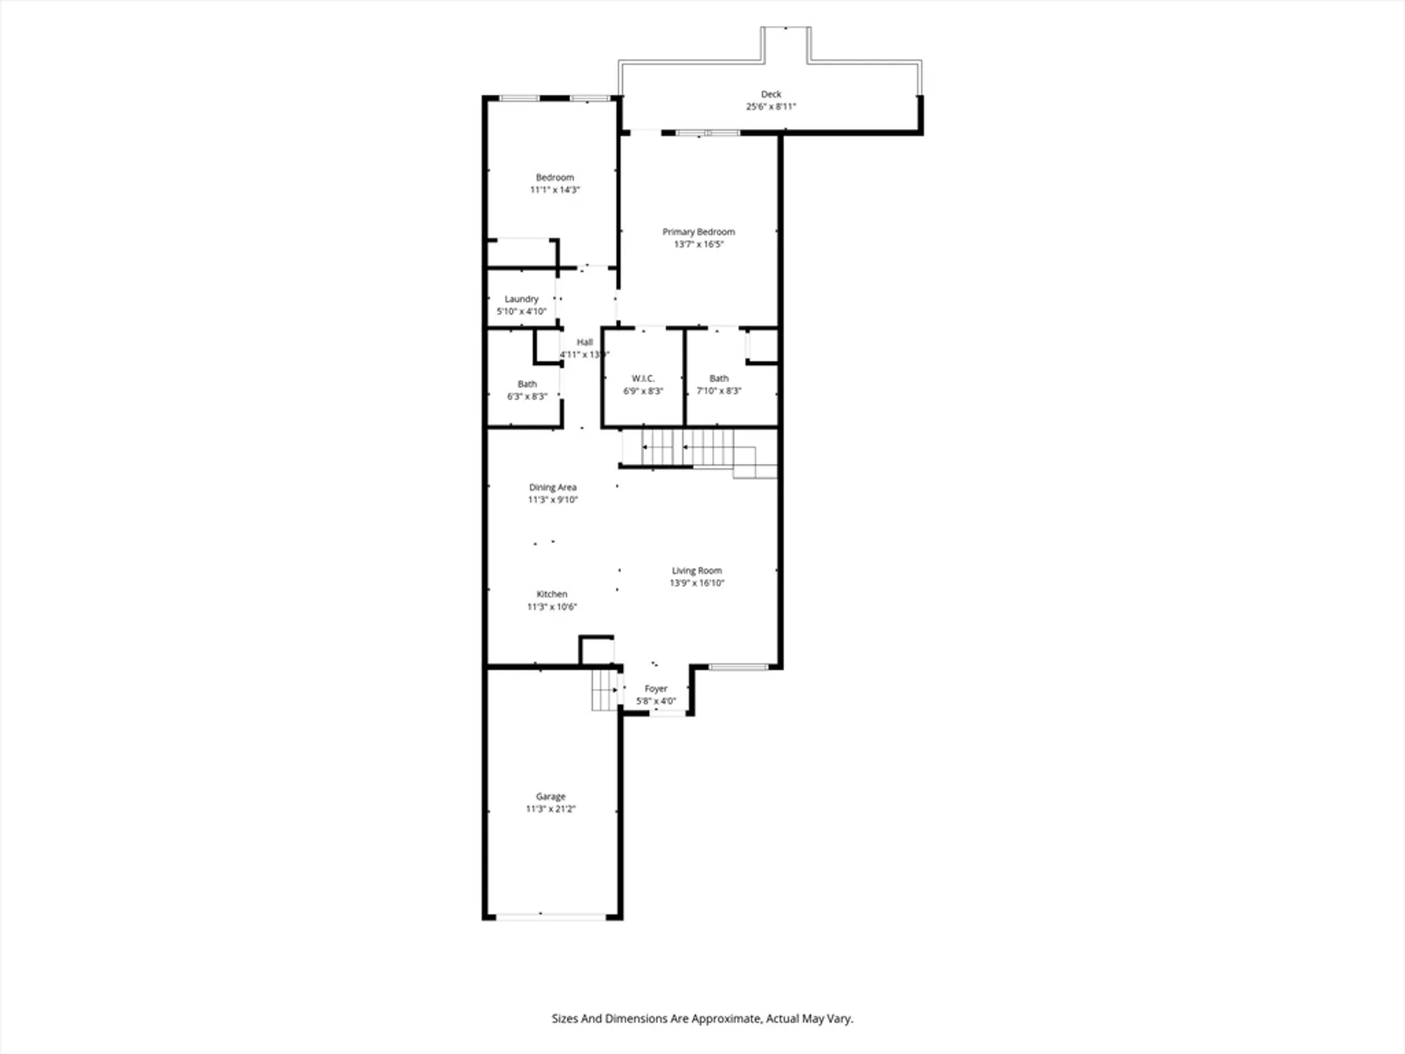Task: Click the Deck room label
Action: coord(771,94)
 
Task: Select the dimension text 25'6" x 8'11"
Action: coord(771,107)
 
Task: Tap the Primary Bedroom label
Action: coord(698,232)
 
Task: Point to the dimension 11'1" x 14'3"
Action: coord(554,190)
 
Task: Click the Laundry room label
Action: coord(521,299)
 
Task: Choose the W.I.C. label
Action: coord(643,379)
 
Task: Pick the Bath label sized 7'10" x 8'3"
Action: coord(719,379)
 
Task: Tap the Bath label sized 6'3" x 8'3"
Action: coord(527,384)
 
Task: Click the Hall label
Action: coord(584,342)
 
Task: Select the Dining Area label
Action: coord(552,487)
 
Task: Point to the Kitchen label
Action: coord(551,594)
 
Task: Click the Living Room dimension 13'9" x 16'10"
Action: coord(696,583)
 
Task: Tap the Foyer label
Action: coord(655,689)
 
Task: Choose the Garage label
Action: coord(550,797)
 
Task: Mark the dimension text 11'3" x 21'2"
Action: coord(550,809)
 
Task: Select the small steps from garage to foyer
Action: coord(604,690)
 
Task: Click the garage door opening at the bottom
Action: coord(551,916)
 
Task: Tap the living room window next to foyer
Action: coord(738,667)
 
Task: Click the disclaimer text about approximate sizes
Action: coord(702,1018)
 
